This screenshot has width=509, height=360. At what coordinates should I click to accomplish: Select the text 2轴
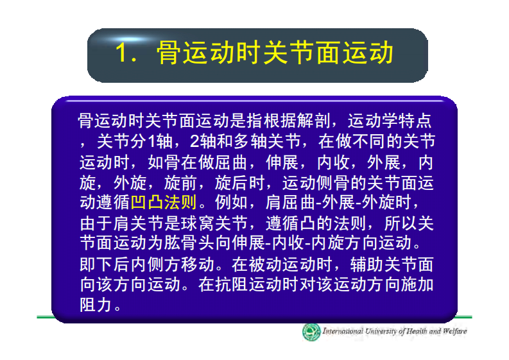click(x=207, y=141)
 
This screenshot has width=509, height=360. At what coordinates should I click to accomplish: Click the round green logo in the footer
click(x=311, y=332)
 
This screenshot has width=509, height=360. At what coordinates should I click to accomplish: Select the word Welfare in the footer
click(x=453, y=332)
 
